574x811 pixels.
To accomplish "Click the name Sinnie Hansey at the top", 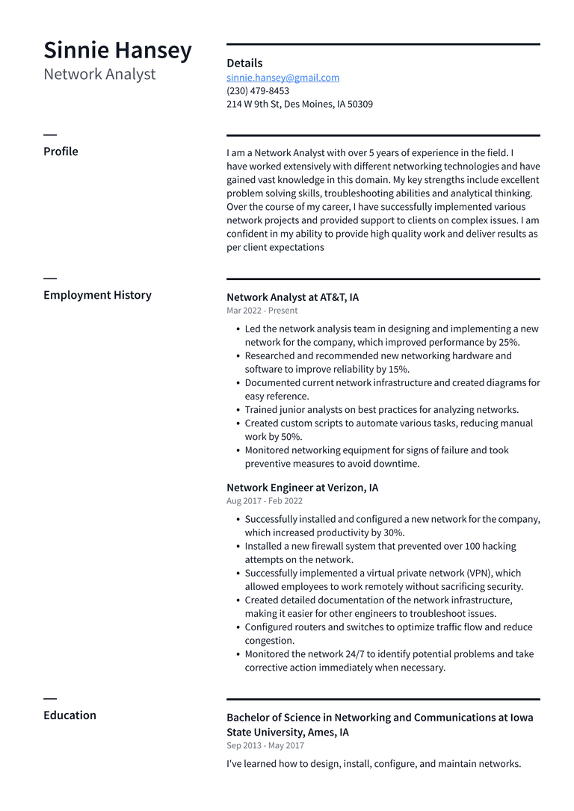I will (x=117, y=50).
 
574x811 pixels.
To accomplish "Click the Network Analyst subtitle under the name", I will (x=99, y=74).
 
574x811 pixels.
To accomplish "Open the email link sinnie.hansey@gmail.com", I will (x=283, y=78).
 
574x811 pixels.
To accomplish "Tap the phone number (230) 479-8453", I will (x=258, y=91).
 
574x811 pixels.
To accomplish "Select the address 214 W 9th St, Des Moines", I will (x=299, y=105).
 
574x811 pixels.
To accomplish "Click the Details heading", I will (x=244, y=63).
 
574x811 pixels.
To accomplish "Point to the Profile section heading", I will (x=61, y=152).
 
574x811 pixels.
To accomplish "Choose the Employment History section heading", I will (x=97, y=295).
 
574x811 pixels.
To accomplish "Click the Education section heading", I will (x=70, y=715).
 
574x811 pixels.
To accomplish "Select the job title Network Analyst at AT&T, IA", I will (x=292, y=297).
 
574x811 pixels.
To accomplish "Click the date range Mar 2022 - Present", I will (x=262, y=311).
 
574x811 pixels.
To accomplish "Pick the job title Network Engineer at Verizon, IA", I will (x=302, y=488).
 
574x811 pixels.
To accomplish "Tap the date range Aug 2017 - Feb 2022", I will (x=265, y=501).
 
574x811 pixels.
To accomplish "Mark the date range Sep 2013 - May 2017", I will (x=265, y=745).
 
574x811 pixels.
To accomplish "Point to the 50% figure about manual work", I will (x=291, y=437).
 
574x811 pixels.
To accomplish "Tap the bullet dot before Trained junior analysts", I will (x=238, y=410).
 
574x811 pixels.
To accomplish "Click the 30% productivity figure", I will (x=392, y=533).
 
